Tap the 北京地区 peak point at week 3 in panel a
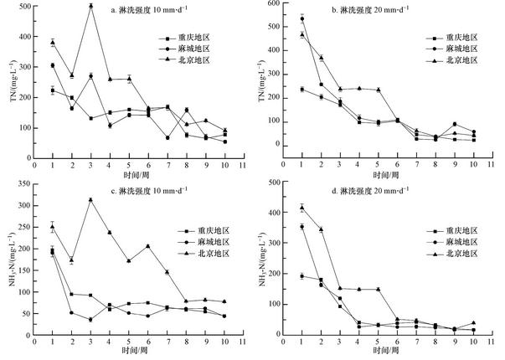(90, 6)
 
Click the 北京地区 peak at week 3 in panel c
(90, 199)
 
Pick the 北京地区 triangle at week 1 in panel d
(301, 208)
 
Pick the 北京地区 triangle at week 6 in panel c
(147, 246)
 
